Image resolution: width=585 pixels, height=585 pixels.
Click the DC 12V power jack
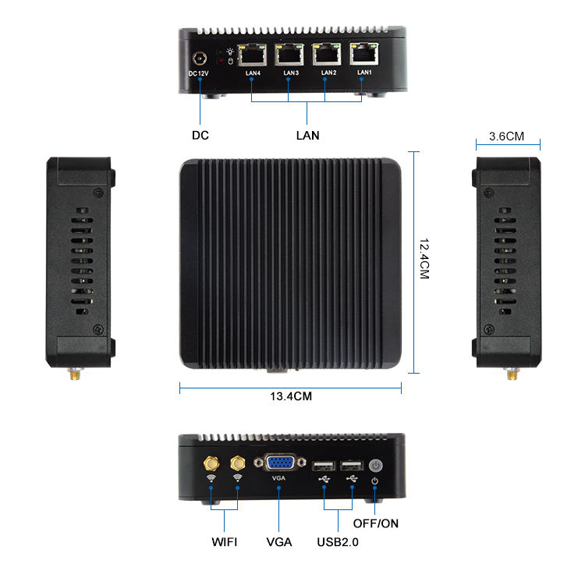[200, 58]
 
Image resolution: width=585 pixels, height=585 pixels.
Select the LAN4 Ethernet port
[252, 55]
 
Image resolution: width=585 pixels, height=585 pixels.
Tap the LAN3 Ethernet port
[289, 55]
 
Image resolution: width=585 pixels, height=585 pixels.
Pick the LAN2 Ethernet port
[327, 55]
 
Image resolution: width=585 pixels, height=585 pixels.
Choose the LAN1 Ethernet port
[363, 53]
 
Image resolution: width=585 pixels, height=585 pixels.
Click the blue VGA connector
[280, 463]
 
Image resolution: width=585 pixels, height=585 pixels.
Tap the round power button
[375, 465]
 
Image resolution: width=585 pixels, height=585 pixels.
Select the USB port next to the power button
[352, 466]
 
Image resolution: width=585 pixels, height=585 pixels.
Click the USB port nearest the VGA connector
[324, 466]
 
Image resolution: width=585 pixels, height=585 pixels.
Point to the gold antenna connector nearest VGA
[238, 463]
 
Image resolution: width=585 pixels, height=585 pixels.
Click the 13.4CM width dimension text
[291, 396]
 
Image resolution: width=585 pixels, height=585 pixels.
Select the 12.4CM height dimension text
[424, 258]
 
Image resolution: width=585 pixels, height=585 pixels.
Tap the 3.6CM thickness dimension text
[506, 136]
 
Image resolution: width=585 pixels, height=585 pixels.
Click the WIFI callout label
[224, 542]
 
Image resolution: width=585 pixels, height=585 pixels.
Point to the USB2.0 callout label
[338, 542]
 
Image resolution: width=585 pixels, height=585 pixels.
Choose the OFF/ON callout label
[376, 523]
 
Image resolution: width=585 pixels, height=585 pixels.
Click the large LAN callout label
[308, 136]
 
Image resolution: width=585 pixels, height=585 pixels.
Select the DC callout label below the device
[200, 135]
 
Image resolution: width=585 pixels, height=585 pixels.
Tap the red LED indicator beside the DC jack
[221, 61]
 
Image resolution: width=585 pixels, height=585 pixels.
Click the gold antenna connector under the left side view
[75, 374]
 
